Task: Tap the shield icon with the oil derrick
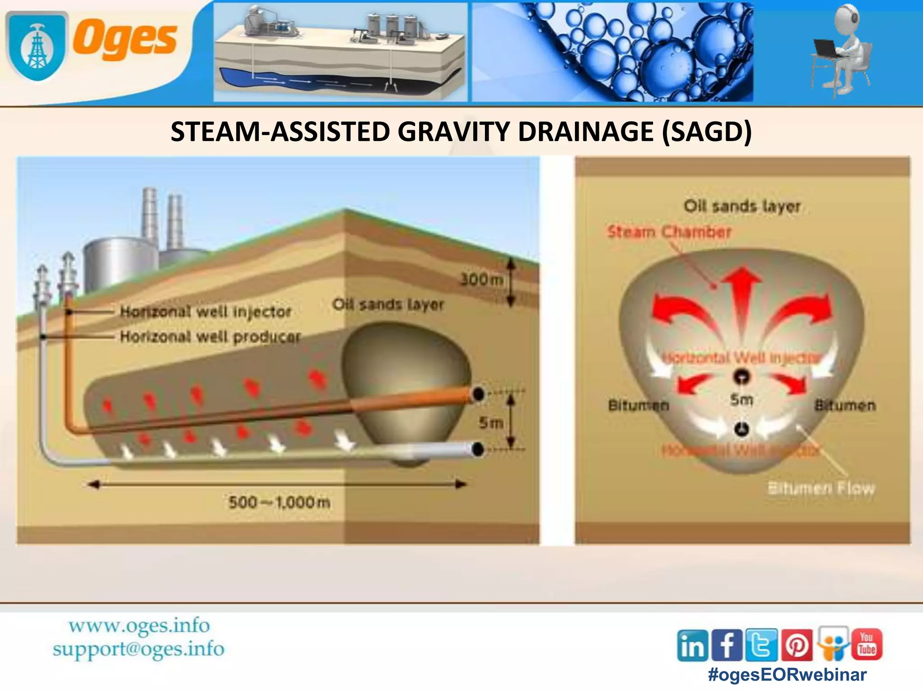pyautogui.click(x=37, y=46)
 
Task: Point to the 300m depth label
pyautogui.click(x=481, y=280)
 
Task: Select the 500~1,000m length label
pyautogui.click(x=279, y=502)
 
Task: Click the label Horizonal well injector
pyautogui.click(x=206, y=311)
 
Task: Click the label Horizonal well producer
pyautogui.click(x=210, y=337)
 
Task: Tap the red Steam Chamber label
pyautogui.click(x=669, y=232)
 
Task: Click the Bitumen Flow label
pyautogui.click(x=821, y=488)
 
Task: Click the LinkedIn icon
pyautogui.click(x=692, y=645)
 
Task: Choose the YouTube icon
pyautogui.click(x=866, y=644)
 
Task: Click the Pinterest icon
pyautogui.click(x=797, y=645)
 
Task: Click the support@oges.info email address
pyautogui.click(x=138, y=649)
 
